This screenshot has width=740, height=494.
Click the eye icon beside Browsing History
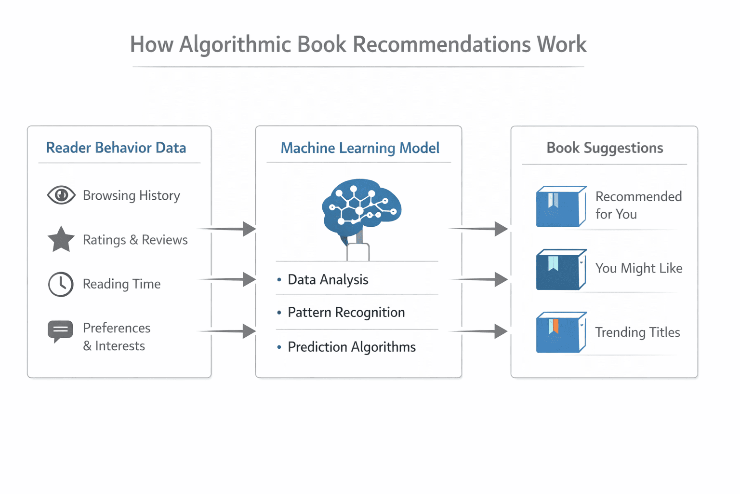61,195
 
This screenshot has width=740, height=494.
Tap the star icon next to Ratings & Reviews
61,240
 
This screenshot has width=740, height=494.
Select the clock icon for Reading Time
61,284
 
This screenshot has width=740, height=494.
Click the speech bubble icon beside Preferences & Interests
60,331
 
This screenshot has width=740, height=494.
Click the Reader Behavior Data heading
116,148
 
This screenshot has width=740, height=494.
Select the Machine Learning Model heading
360,148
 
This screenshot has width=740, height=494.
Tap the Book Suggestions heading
605,148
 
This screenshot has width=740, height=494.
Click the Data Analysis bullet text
328,279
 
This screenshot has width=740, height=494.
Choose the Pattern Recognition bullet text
346,312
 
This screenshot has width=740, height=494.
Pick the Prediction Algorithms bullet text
351,347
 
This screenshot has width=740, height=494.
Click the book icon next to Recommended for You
561,206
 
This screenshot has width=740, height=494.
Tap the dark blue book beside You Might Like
561,270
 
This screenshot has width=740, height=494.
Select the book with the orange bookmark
561,332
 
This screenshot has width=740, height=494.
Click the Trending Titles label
637,332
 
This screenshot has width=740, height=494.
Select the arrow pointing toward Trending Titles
479,331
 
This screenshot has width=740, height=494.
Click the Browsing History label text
131,195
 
